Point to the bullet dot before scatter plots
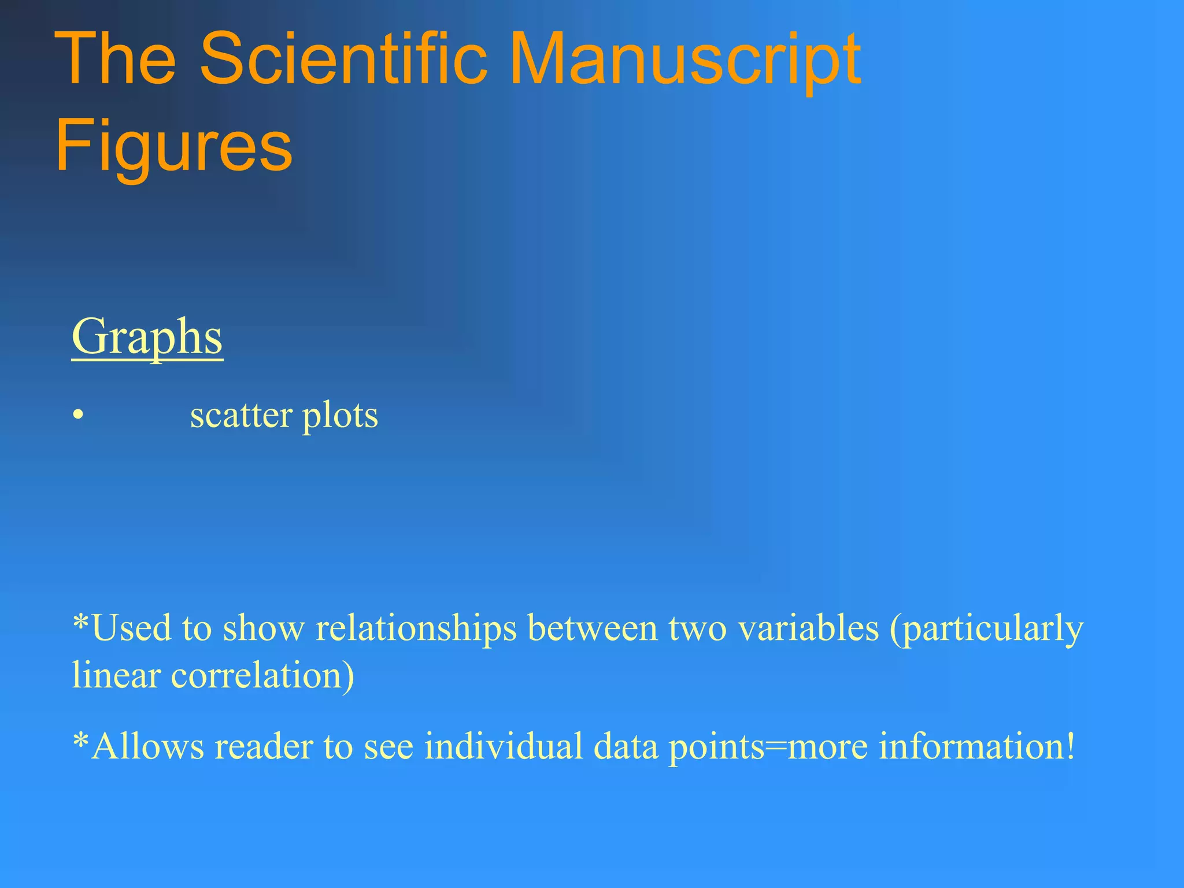[x=78, y=416]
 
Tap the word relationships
[x=416, y=628]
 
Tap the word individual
[x=504, y=746]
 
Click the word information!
[x=977, y=746]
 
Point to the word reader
[x=264, y=746]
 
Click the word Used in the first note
[x=131, y=628]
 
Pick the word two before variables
[x=697, y=628]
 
